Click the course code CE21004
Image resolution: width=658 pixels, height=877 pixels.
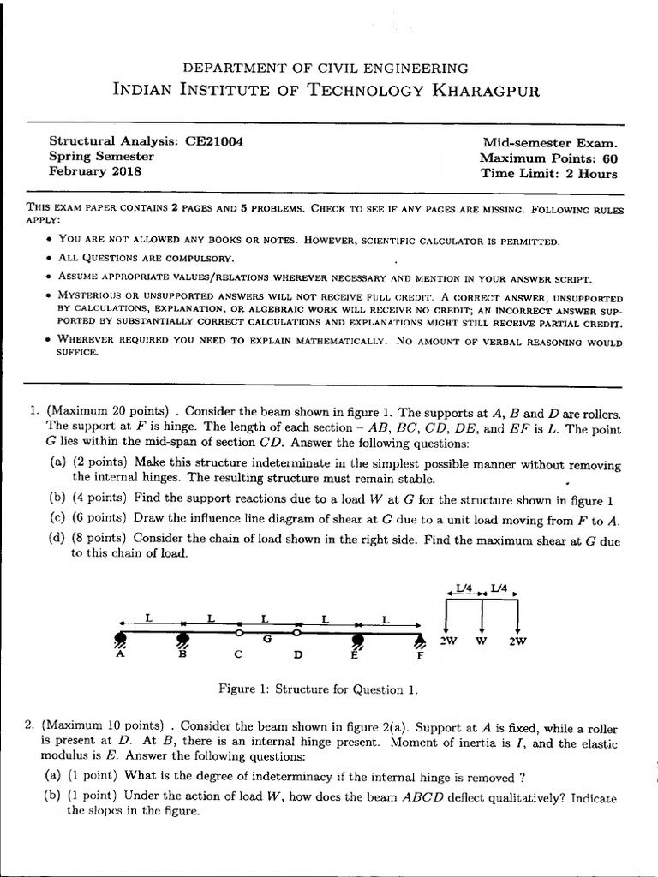coord(213,141)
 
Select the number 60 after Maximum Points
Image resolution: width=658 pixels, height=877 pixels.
coord(609,158)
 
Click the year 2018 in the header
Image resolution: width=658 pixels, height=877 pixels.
coord(124,171)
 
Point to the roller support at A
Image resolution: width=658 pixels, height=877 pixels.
coord(121,638)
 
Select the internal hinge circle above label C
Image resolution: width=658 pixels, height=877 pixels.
coord(240,634)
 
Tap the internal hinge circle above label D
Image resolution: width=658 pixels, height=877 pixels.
coord(296,634)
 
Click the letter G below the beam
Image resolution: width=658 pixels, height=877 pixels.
coord(268,640)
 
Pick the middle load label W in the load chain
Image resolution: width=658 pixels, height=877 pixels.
coord(483,640)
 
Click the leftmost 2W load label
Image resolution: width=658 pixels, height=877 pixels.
coord(448,640)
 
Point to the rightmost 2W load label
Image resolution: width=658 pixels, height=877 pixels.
coord(518,640)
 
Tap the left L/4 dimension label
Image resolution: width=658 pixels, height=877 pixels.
coord(464,588)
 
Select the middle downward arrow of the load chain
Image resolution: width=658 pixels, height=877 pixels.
coord(483,617)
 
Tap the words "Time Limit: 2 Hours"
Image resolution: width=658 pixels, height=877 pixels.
coord(548,174)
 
